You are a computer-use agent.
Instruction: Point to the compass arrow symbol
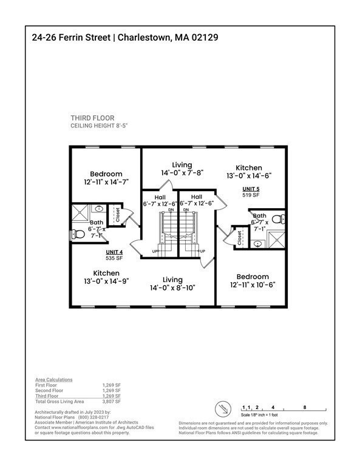225,408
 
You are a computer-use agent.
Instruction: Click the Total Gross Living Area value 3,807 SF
112,402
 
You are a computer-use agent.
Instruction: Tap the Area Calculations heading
53,379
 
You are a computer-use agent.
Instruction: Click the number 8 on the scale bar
304,407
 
